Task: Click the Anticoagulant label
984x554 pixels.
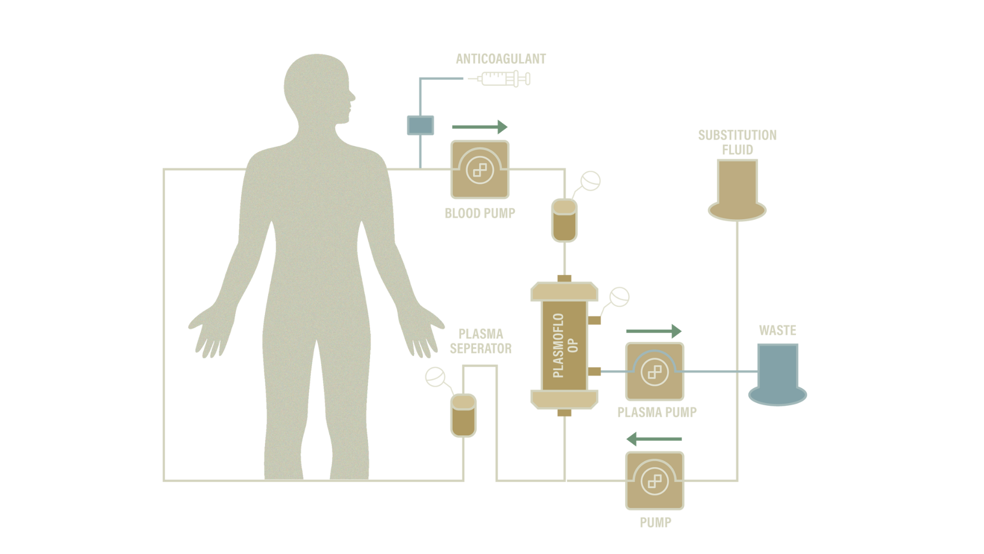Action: [501, 59]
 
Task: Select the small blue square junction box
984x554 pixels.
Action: [420, 125]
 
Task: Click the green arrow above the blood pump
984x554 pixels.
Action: [480, 127]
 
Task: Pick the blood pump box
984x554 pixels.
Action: [480, 169]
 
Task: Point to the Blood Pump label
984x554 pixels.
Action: [479, 213]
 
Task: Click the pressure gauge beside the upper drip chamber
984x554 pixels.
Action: [590, 181]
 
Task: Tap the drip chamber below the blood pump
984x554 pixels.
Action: [564, 221]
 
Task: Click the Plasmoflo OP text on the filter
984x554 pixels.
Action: [565, 345]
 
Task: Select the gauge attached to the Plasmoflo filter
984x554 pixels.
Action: [619, 297]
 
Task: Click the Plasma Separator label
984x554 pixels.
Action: [481, 341]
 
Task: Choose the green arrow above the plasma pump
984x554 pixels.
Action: [654, 331]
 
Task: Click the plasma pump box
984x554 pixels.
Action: [654, 371]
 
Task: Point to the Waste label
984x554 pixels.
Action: [777, 330]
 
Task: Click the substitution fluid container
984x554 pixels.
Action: [737, 190]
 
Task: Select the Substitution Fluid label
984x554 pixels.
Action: [737, 142]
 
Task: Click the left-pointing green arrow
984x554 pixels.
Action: [654, 439]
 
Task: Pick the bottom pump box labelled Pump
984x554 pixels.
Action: [654, 481]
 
